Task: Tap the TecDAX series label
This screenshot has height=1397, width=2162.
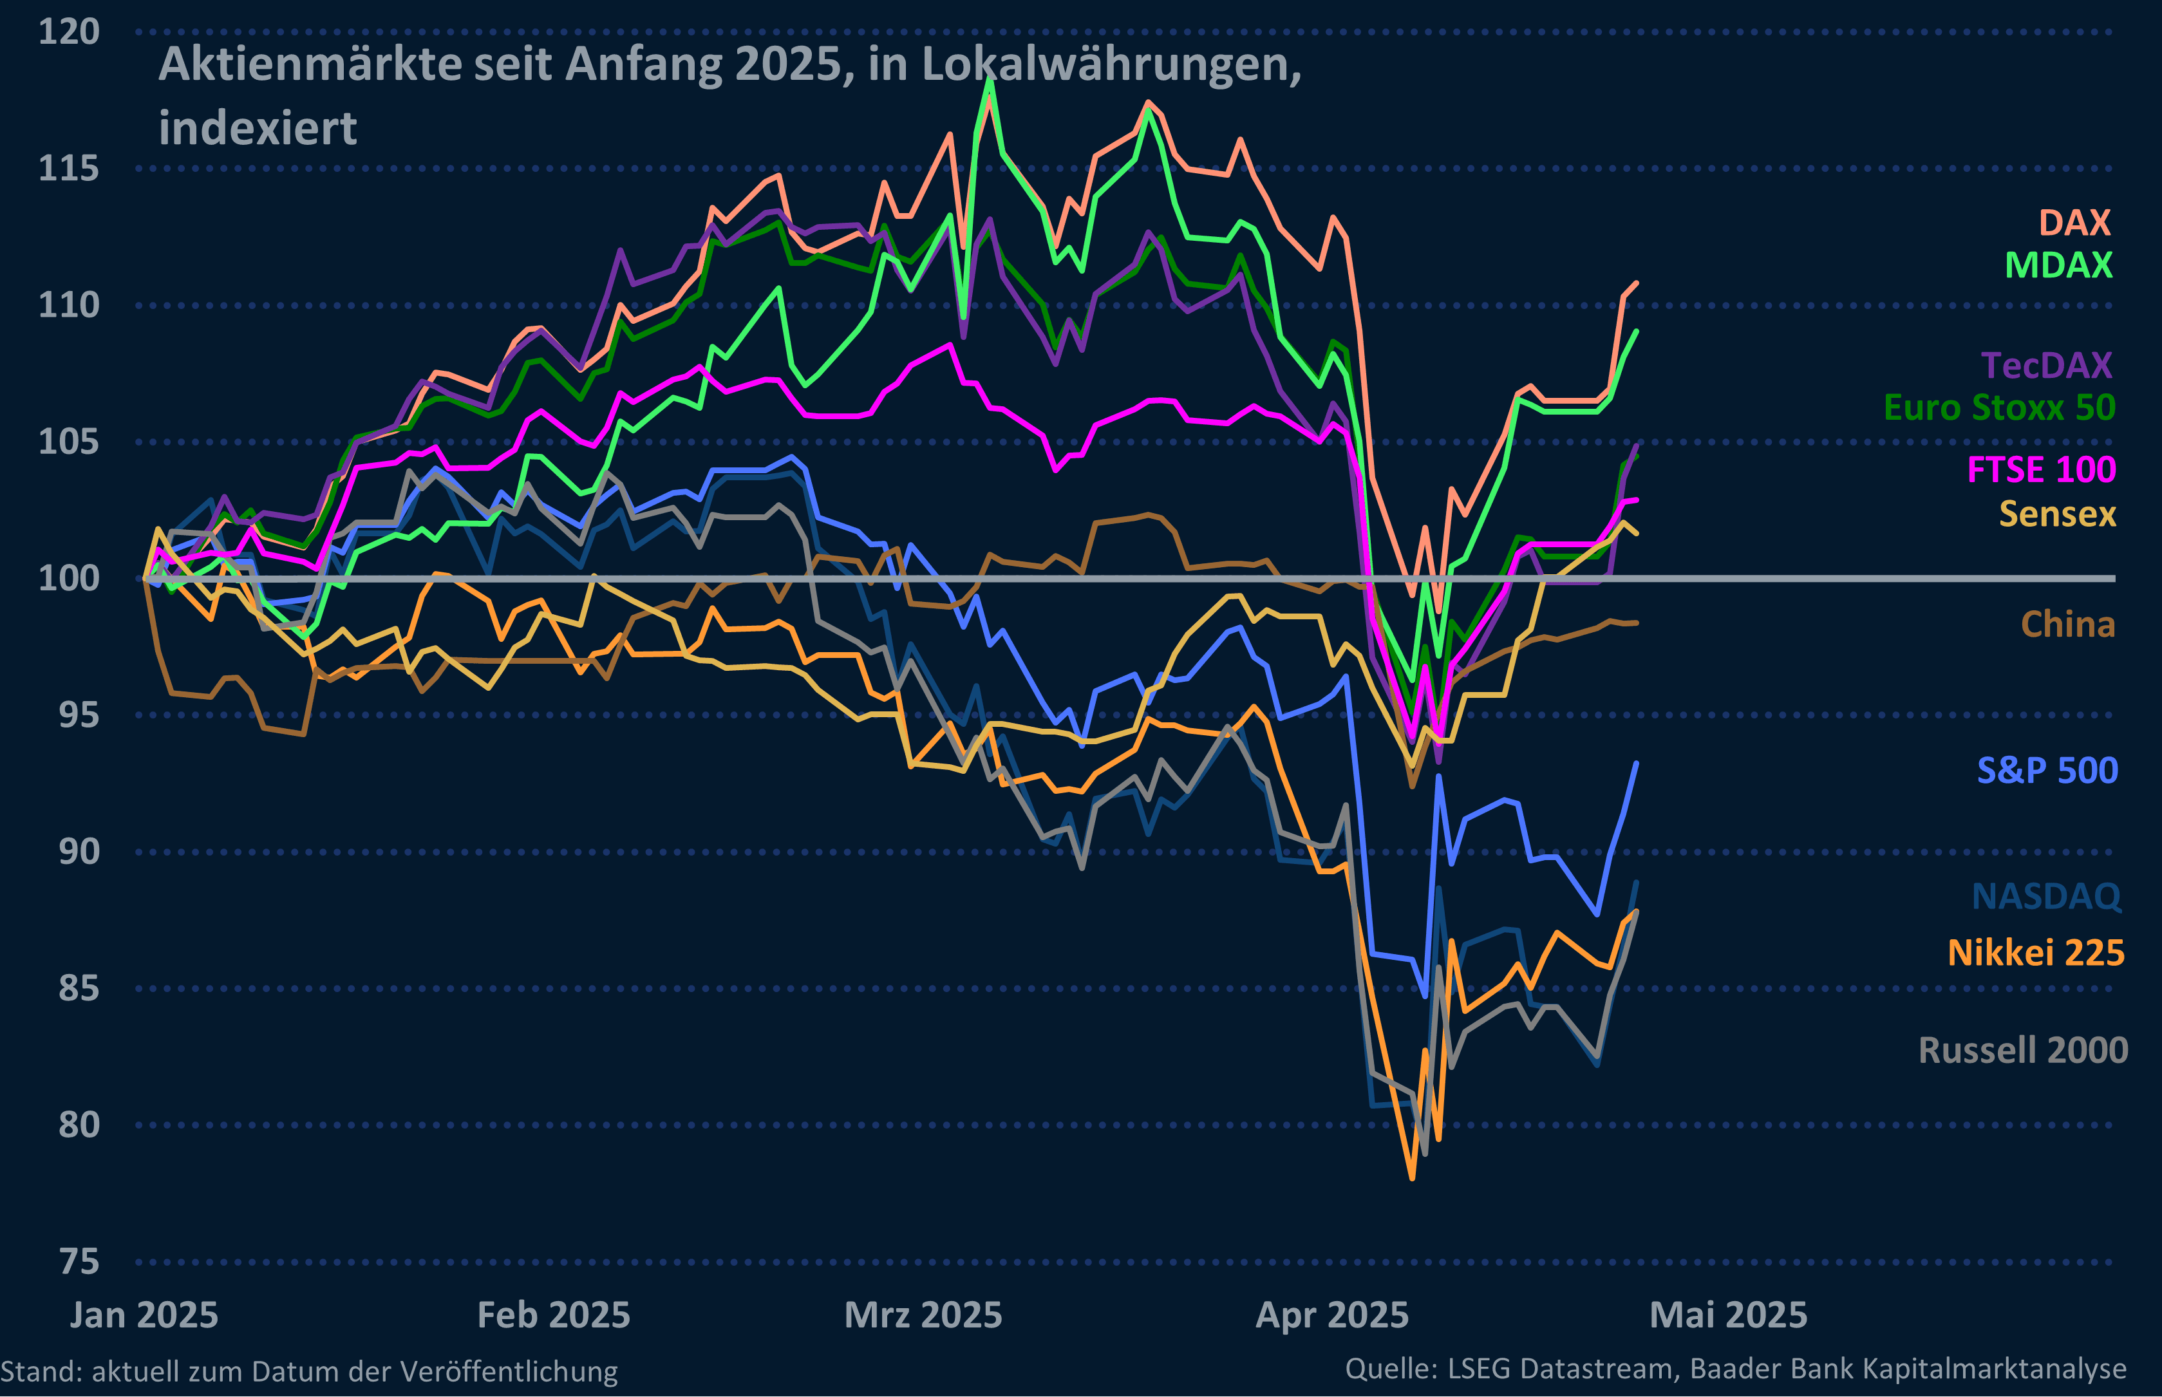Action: (2046, 366)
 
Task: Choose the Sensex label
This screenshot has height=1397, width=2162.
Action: (2057, 514)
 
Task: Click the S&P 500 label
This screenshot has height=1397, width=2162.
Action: (2047, 770)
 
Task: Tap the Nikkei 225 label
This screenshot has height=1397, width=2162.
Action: (2035, 953)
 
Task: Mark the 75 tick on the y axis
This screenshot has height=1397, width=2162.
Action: (79, 1261)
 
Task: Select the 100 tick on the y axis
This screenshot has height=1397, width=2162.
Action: (69, 578)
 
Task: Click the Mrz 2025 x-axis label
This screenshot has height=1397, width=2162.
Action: (923, 1315)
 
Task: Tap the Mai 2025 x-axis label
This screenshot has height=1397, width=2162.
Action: (1727, 1315)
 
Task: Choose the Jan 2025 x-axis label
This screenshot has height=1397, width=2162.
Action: (144, 1315)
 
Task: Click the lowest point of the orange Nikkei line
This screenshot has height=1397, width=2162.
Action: (1412, 1178)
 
